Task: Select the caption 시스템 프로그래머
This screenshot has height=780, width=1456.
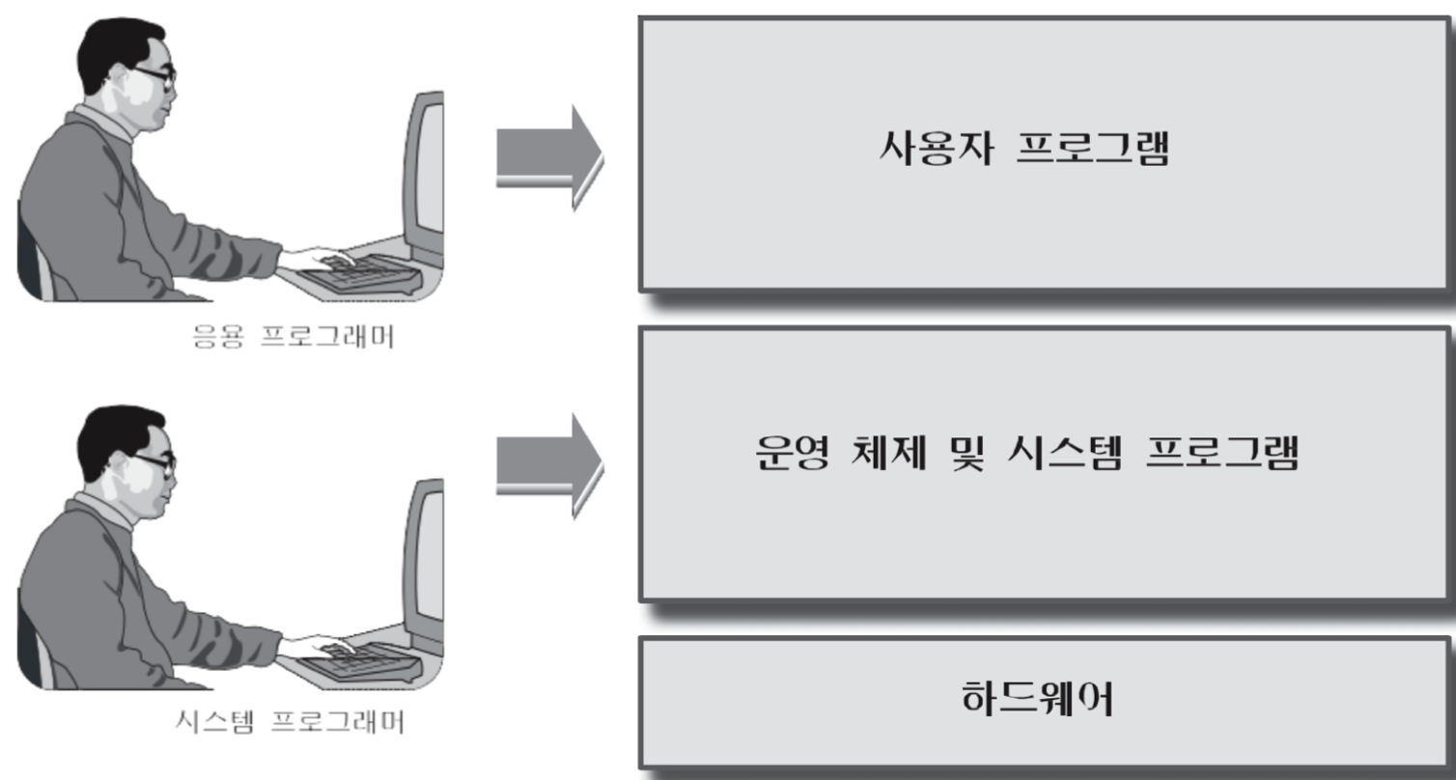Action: [x=291, y=721]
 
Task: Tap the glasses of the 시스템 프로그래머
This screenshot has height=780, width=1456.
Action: [x=154, y=462]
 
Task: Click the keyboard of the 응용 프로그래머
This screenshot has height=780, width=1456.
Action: [x=357, y=274]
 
